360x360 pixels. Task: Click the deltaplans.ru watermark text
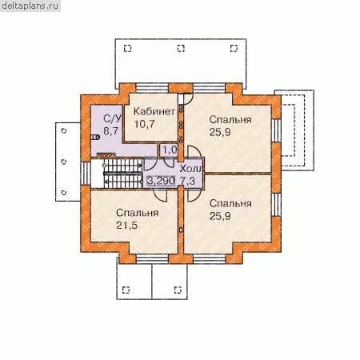pos(30,6)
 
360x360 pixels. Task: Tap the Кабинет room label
pos(154,111)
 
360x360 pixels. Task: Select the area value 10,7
pos(144,124)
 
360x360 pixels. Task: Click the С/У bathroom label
pos(113,118)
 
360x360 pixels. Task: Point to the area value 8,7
pos(111,130)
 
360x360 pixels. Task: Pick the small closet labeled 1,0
pos(169,150)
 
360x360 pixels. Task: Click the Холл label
pos(191,169)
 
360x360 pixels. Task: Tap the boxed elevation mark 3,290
pos(161,181)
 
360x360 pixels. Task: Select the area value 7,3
pos(188,181)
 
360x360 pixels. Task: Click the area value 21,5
pos(126,226)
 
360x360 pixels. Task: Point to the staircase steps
pos(122,174)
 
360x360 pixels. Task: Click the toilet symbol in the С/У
pos(95,138)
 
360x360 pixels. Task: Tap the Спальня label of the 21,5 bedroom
pos(138,213)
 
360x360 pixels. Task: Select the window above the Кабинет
pos(152,88)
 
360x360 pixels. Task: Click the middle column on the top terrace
pos(181,48)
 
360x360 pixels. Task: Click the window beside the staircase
pos(86,174)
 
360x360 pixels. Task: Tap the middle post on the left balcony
pos(64,162)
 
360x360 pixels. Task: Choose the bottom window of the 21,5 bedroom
pos(152,259)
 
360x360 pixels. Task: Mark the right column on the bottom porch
pos(178,290)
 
